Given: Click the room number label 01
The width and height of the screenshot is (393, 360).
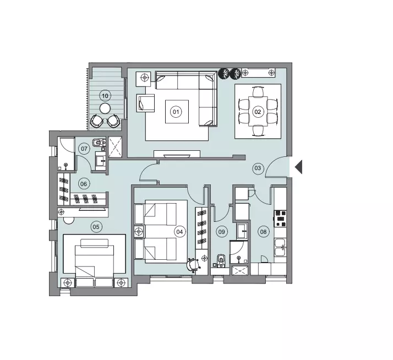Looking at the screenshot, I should point(176,112).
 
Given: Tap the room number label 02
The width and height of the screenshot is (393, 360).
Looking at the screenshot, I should point(257,112).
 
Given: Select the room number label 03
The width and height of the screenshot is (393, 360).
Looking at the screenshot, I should point(258,168).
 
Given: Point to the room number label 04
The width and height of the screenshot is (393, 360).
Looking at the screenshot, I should point(179,232).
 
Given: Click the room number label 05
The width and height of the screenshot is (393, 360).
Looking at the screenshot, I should point(96,226).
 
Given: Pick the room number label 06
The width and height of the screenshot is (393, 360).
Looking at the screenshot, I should point(84,184).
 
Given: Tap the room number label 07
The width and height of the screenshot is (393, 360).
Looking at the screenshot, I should point(84,149).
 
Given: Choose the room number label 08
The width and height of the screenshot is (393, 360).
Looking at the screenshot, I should point(264,232).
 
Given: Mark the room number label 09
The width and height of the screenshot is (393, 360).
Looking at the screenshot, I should point(222,232).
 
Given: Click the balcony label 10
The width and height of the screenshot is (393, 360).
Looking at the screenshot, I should point(105,95).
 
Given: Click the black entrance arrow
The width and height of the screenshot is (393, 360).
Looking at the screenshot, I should point(298,166).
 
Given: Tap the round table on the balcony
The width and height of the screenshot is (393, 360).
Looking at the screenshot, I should point(105,108).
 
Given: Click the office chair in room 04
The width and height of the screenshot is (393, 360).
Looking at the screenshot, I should point(193,265).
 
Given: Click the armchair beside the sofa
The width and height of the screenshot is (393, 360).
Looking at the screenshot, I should point(146,103).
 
